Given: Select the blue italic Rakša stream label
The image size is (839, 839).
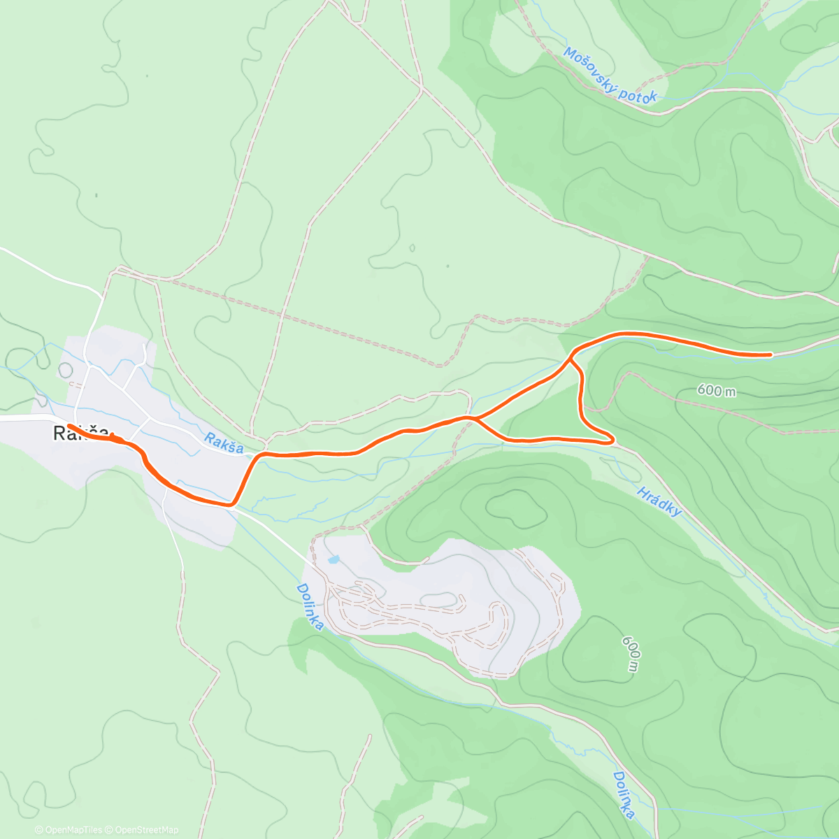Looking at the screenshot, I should coord(224,443).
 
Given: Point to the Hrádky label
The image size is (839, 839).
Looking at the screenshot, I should coord(659,501).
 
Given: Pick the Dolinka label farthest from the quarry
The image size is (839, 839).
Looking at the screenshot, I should coord(624,795).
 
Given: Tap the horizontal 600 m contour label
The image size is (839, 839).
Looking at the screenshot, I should coord(716,390).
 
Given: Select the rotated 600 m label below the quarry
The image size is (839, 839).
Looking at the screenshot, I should coord(630,653).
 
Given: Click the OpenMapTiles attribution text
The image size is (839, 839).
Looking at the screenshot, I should coord(69,830).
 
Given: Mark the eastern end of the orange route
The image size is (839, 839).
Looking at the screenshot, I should coord(770,354).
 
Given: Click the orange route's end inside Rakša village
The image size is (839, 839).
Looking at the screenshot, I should coord(69,426).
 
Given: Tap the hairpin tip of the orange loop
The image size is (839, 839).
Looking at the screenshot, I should coord(612,440).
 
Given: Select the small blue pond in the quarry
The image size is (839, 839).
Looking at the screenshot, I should coord(333,559).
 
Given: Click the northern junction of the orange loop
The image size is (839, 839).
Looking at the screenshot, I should coord(571,357).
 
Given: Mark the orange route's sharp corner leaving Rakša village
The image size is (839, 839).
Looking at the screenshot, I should coord(231,503).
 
